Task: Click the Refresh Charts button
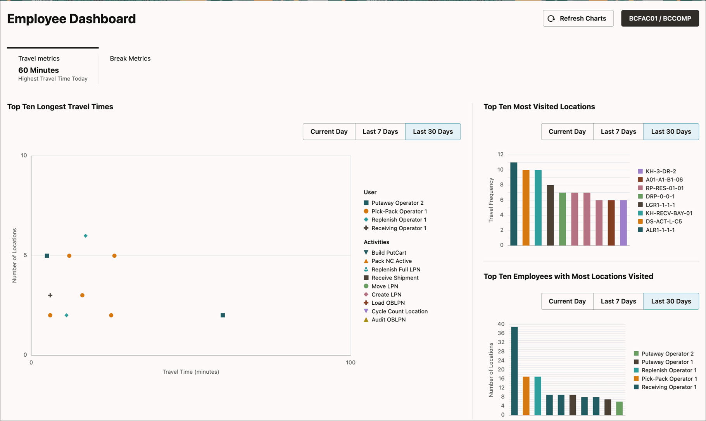point(578,19)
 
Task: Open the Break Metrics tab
point(130,59)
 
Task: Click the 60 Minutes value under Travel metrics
point(38,70)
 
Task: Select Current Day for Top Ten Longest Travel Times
point(329,131)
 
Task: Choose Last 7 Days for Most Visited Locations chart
point(618,131)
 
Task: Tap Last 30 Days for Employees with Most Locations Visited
point(671,301)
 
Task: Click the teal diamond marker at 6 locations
point(86,236)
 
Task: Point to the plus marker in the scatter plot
point(50,295)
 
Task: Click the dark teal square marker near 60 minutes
point(223,315)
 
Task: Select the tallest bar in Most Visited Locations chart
point(514,204)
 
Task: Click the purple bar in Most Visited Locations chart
point(623,223)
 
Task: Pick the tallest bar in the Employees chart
point(514,371)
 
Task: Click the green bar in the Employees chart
point(620,408)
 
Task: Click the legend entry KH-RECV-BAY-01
point(668,213)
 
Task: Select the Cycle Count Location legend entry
point(399,311)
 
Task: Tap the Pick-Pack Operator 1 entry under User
point(399,211)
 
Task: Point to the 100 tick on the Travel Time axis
point(350,362)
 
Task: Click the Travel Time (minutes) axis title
point(191,372)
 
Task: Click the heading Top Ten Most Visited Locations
point(539,107)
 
